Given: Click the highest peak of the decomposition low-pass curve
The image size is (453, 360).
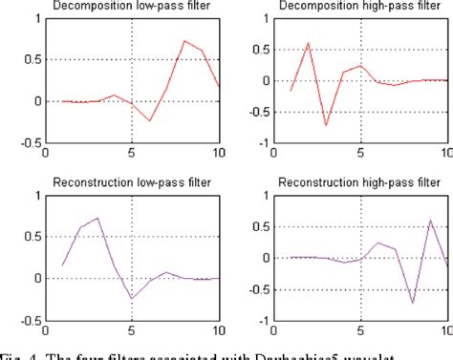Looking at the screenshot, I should tap(184, 41).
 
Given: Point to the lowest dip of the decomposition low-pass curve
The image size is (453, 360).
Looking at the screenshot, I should tap(149, 121).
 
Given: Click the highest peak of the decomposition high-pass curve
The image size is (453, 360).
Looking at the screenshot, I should tap(308, 43).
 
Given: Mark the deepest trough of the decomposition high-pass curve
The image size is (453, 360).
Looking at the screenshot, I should tap(325, 125).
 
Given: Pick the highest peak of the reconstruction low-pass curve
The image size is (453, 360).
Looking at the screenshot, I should tap(97, 218).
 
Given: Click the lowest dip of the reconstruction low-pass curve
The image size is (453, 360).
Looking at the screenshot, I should tap(132, 298).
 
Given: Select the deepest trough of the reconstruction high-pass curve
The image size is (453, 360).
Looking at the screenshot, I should tap(413, 303).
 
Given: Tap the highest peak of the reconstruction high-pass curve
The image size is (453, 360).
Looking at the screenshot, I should tap(431, 221).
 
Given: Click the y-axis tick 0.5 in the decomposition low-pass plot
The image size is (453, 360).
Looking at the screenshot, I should tap(33, 59).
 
